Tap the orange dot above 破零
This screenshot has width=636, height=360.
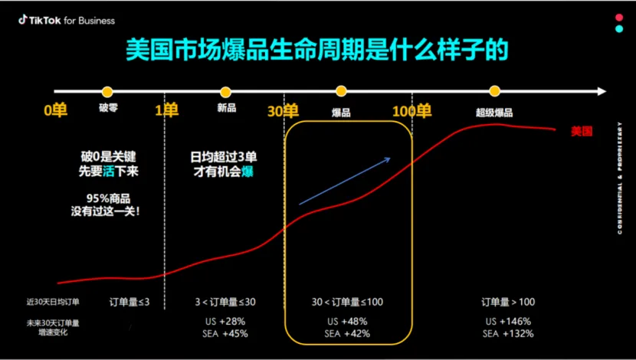[x=107, y=92]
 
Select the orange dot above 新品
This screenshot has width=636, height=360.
[x=225, y=92]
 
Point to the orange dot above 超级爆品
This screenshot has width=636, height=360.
[x=494, y=92]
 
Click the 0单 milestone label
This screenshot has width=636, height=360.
[x=55, y=111]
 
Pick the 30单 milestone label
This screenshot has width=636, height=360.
[x=283, y=111]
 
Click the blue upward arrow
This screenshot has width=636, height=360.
[x=345, y=182]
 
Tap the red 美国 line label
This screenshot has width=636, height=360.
[x=582, y=131]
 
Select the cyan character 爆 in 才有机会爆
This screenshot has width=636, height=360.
[x=247, y=172]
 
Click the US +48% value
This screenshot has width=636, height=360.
[x=347, y=321]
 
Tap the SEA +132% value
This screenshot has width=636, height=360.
[x=508, y=334]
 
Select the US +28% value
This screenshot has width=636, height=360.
[x=225, y=321]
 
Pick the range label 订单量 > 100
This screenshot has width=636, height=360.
[x=508, y=302]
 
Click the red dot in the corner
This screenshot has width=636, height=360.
[x=619, y=17]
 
